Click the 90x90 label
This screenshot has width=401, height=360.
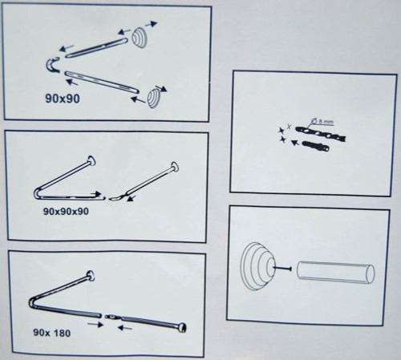tap(63, 99)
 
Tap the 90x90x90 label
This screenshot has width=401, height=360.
tap(66, 212)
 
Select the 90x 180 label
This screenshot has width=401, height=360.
tap(52, 333)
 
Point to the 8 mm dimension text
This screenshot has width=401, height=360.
tap(326, 122)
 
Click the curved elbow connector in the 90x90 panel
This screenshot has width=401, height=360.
tap(51, 66)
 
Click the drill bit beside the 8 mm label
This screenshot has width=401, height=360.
tap(321, 133)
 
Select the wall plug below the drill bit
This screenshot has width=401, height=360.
tap(316, 146)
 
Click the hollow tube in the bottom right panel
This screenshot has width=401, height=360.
tap(336, 273)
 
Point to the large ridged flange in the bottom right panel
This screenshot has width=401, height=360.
tap(257, 266)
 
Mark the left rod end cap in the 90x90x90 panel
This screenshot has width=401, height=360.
tap(91, 160)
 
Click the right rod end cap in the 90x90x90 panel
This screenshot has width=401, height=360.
tap(175, 167)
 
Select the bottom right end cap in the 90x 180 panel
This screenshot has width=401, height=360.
tap(182, 328)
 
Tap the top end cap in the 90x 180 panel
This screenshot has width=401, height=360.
tap(91, 276)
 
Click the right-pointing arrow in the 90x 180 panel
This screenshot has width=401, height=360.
tap(95, 325)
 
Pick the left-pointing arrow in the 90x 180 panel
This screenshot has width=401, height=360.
tap(125, 327)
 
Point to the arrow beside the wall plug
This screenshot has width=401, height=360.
tap(294, 143)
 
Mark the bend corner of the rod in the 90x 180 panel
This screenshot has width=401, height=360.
tap(31, 301)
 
